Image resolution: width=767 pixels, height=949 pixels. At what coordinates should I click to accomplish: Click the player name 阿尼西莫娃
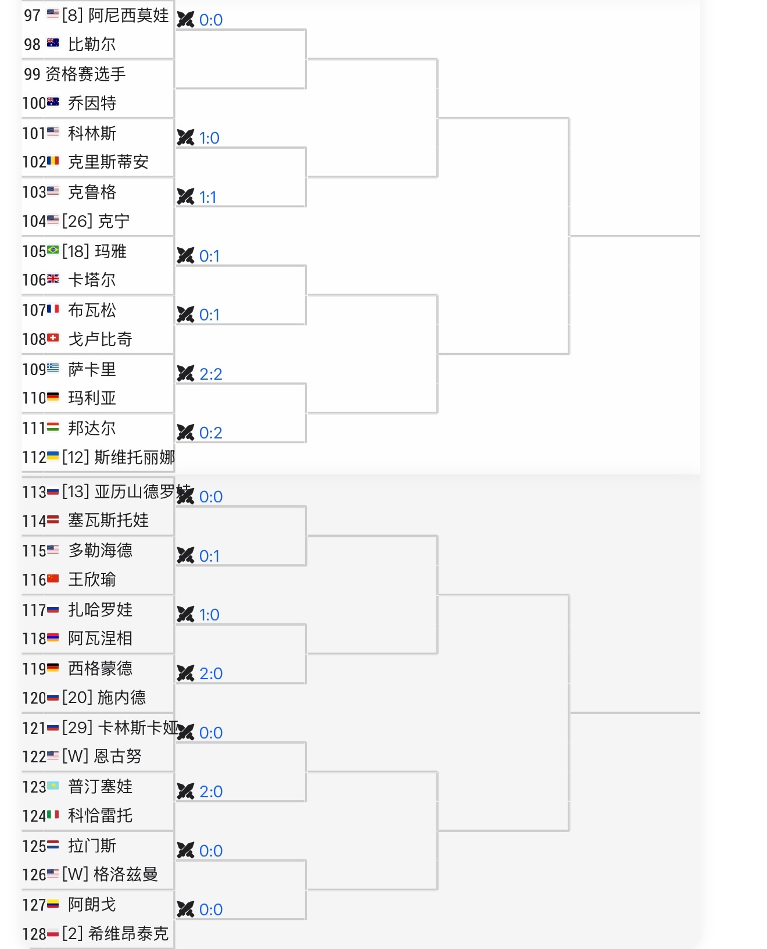pyautogui.click(x=128, y=15)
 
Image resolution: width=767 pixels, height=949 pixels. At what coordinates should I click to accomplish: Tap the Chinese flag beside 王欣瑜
pyautogui.click(x=53, y=579)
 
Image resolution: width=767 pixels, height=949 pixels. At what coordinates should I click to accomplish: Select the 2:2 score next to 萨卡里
pyautogui.click(x=211, y=374)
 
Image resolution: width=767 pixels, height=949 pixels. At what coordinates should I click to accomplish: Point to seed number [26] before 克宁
pyautogui.click(x=77, y=221)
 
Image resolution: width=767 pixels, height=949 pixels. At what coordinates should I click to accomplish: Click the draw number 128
pyautogui.click(x=34, y=934)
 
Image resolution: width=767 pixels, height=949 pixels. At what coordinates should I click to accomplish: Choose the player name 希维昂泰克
pyautogui.click(x=128, y=933)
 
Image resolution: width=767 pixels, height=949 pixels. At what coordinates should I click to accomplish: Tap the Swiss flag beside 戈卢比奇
pyautogui.click(x=53, y=338)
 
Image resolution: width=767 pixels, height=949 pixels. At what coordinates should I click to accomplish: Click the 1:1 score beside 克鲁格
pyautogui.click(x=207, y=197)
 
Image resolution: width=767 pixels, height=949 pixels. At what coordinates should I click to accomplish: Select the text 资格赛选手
pyautogui.click(x=85, y=74)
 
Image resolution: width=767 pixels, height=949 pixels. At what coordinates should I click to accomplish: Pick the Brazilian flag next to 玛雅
pyautogui.click(x=53, y=250)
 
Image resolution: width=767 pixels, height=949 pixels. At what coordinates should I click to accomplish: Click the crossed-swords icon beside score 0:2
pyautogui.click(x=185, y=432)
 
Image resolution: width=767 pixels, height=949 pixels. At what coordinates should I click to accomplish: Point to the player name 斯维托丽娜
pyautogui.click(x=135, y=457)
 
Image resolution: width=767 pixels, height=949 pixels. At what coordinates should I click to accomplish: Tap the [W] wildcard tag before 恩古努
pyautogui.click(x=76, y=756)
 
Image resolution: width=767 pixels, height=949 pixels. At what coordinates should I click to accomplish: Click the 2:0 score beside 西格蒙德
pyautogui.click(x=211, y=673)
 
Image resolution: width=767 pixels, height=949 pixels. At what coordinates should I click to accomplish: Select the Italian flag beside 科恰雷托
pyautogui.click(x=53, y=815)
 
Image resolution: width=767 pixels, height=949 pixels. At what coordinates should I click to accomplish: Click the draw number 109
pyautogui.click(x=34, y=369)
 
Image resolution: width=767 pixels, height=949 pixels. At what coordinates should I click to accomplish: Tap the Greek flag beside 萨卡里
pyautogui.click(x=53, y=368)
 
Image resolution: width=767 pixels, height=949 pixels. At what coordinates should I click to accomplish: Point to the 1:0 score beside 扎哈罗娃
pyautogui.click(x=209, y=615)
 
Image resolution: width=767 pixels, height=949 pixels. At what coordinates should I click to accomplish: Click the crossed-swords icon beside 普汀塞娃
pyautogui.click(x=185, y=791)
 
